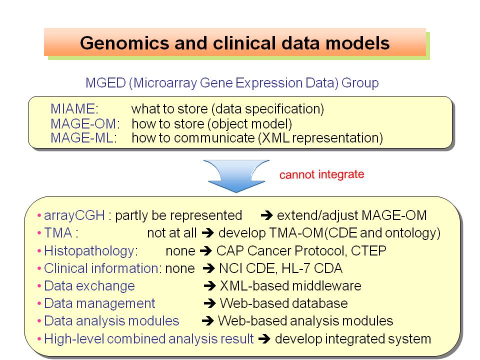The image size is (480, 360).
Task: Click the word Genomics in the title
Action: tap(124, 43)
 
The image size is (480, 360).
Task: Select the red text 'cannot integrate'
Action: tap(321, 174)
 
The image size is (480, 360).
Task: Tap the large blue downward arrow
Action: tap(236, 175)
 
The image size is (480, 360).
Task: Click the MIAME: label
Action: tap(74, 109)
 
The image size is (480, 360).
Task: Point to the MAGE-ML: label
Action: tap(84, 138)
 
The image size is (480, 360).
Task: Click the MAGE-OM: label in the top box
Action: tap(85, 123)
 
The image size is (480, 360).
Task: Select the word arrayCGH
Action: tap(74, 215)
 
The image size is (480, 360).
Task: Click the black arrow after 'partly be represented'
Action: tap(266, 215)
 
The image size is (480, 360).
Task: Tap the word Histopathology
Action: tap(89, 251)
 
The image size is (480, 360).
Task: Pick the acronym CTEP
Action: tap(368, 250)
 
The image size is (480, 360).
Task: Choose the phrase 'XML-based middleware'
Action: tap(290, 286)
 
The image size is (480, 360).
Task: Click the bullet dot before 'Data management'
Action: tap(39, 303)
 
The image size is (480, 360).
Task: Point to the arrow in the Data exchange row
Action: tap(210, 286)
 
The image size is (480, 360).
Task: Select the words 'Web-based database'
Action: tap(284, 303)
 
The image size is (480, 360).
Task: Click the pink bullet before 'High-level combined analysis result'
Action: tap(39, 339)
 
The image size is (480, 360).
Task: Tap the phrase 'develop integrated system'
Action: tap(353, 339)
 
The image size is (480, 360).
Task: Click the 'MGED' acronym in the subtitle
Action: tap(105, 83)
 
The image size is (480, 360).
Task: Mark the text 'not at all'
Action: tap(171, 233)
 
